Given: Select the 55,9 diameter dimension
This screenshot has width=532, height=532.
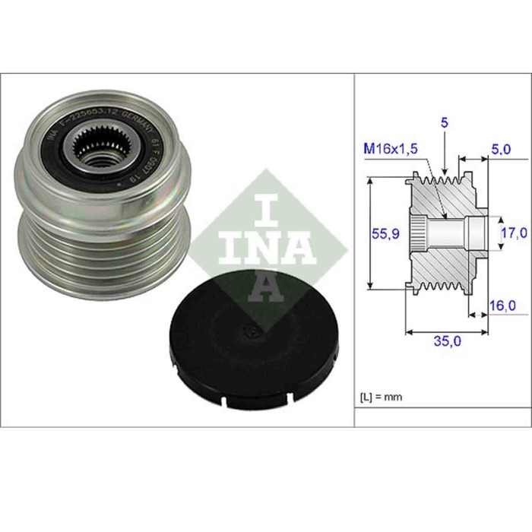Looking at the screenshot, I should pos(384,235).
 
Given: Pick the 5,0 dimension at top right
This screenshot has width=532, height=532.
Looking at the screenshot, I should pos(501,150).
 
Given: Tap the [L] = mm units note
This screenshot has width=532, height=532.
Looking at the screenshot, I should pos(380,397).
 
